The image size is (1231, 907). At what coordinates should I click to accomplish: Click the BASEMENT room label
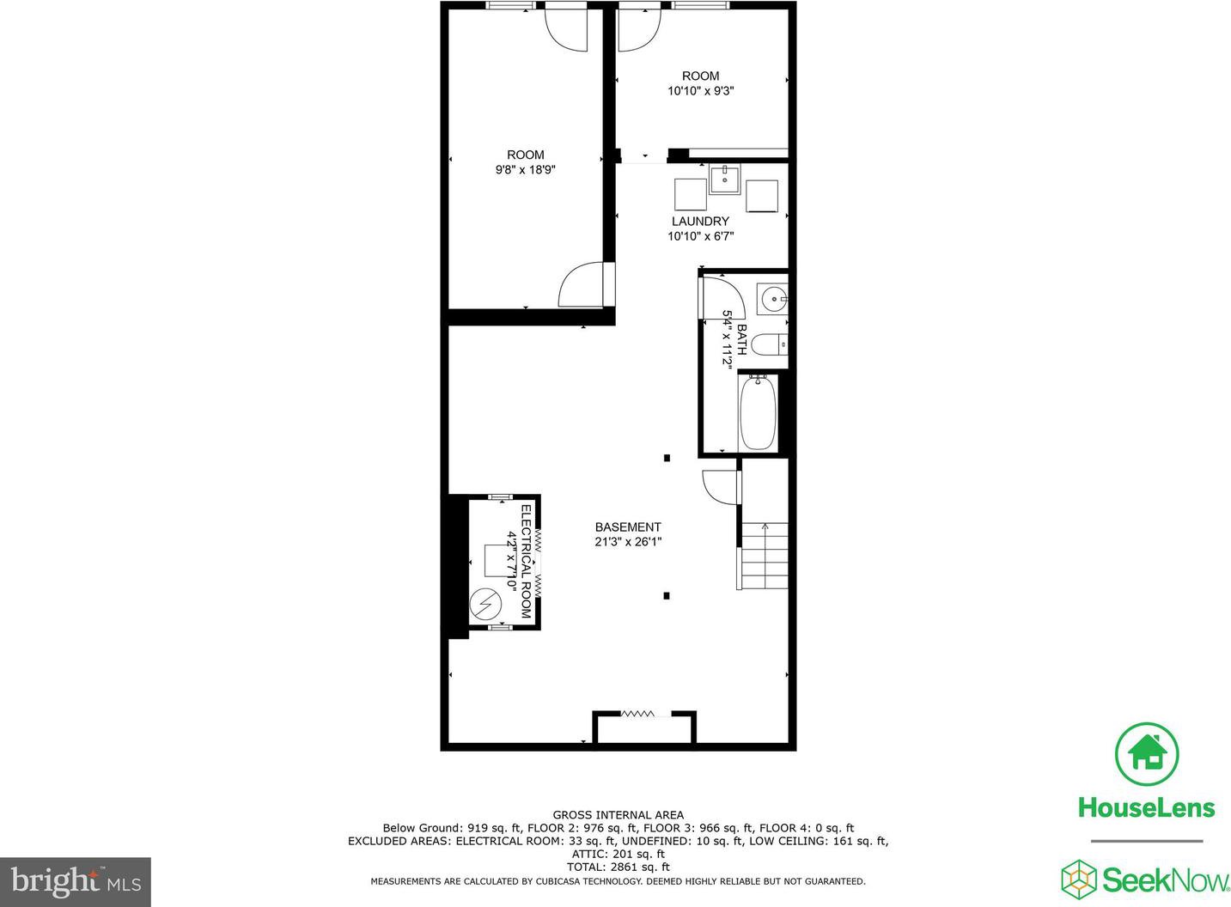coord(628,527)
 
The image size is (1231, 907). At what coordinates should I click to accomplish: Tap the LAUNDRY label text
coord(700,222)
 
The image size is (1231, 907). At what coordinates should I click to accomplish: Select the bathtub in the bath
coord(758,413)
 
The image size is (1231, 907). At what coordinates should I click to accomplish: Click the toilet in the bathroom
coord(769,345)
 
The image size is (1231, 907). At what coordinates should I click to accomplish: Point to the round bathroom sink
coord(772,300)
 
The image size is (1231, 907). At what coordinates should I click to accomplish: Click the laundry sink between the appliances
coord(724,180)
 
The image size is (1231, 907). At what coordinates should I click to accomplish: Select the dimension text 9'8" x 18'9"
coord(526,170)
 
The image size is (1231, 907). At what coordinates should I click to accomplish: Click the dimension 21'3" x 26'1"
coord(628,542)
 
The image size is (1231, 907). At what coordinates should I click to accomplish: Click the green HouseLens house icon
coord(1146,754)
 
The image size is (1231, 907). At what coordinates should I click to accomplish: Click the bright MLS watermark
coord(76,882)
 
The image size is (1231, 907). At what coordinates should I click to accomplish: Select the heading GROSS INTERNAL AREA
coord(619,815)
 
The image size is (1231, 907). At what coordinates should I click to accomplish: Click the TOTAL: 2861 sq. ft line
coord(619,867)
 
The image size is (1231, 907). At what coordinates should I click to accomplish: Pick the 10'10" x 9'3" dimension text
coord(701,91)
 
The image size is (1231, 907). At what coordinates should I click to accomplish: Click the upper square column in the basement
coord(667,458)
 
